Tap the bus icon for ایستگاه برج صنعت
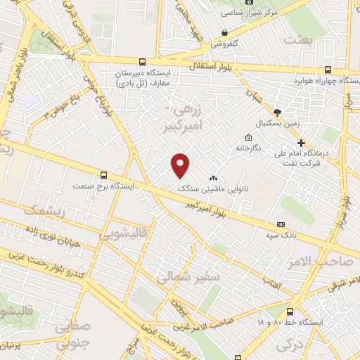click(x=104, y=175)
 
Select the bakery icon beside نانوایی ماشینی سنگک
click(x=214, y=178)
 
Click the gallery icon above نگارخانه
click(x=247, y=137)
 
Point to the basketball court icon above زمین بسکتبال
click(x=277, y=112)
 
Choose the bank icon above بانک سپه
click(x=281, y=224)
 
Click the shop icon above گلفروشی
click(x=224, y=32)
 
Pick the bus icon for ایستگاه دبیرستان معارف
click(x=143, y=62)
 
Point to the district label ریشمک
click(x=44, y=210)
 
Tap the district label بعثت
click(x=298, y=40)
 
